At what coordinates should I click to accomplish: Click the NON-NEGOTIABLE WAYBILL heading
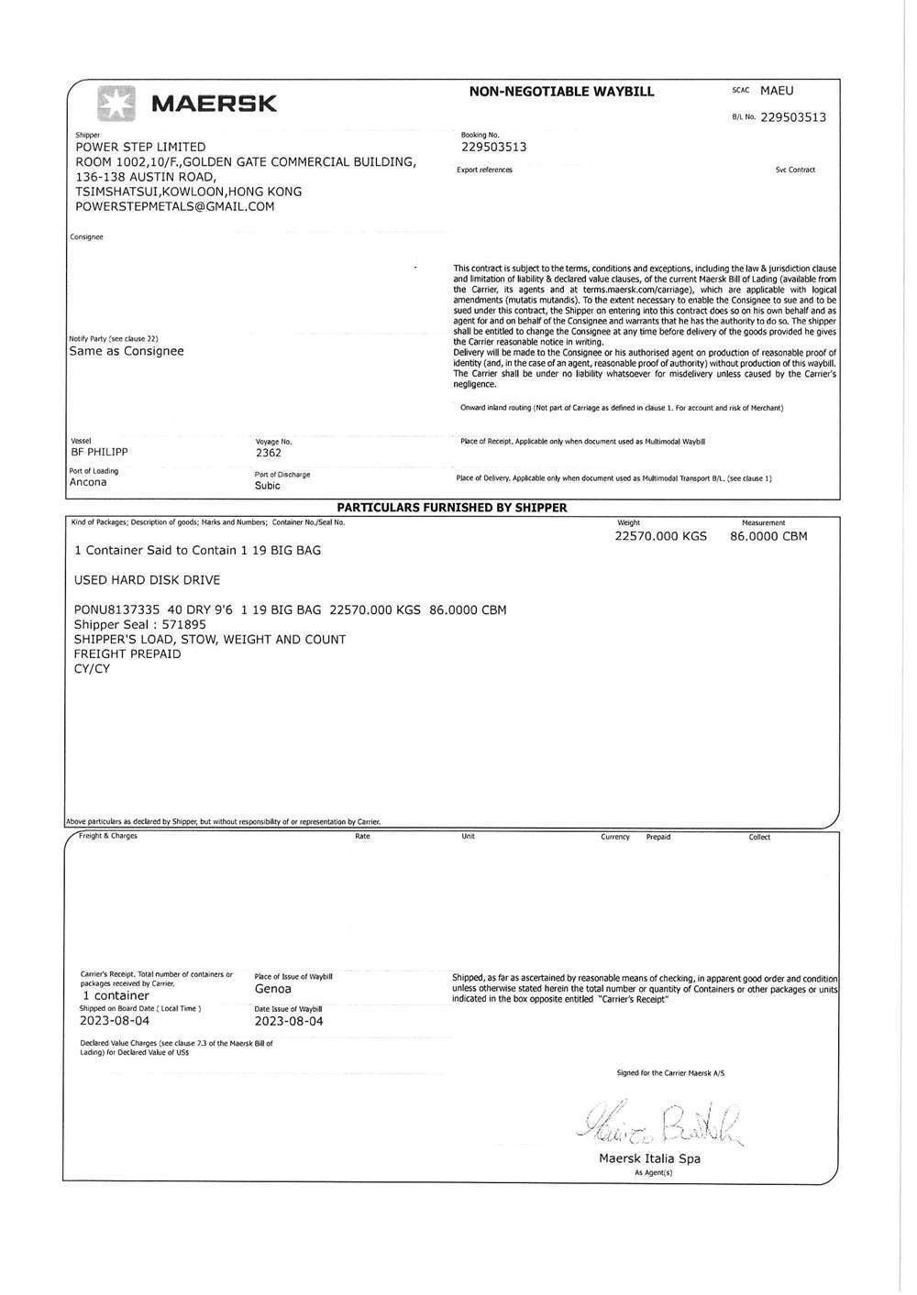coord(561,92)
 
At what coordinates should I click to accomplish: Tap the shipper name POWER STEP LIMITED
coord(140,147)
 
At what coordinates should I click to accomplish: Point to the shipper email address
coord(174,206)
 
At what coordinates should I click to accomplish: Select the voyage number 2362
coord(269,453)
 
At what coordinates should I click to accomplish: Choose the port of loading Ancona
coord(88,482)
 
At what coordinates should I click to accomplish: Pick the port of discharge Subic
coord(268,486)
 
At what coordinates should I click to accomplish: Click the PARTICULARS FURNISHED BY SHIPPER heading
coord(452,507)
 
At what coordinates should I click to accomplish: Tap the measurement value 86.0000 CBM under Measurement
coord(768,536)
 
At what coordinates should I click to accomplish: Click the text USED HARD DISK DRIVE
coord(147,580)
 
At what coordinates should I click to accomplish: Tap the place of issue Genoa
coord(272,989)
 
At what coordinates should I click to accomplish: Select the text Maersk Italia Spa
coord(649,1158)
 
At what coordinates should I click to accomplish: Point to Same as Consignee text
coord(127,351)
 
